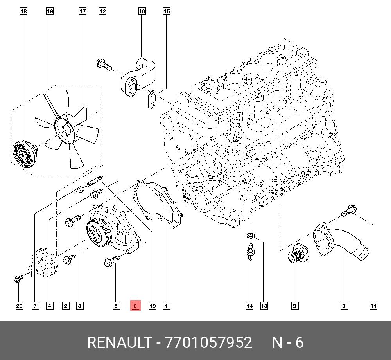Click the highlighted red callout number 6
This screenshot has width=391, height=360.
[135, 306]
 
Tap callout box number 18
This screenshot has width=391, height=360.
[23, 11]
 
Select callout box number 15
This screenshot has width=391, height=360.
[167, 11]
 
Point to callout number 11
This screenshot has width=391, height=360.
[373, 306]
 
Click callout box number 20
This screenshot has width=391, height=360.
[19, 306]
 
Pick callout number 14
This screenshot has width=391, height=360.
[249, 306]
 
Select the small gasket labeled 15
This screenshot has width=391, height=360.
[151, 99]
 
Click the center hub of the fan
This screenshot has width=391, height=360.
[66, 130]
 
